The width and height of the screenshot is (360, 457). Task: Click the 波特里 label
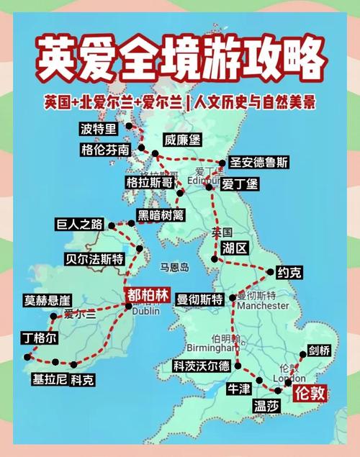98,129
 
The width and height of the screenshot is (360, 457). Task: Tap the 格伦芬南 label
105,150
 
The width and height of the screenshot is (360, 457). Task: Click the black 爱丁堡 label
239,184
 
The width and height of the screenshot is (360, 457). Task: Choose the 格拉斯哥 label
149,182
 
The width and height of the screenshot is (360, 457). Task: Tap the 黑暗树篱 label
160,214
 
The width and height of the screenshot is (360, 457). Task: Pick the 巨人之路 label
79,224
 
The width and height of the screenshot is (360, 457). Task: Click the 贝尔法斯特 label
94,258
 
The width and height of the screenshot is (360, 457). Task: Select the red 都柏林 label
148,294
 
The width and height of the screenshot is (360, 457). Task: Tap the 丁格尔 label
40,338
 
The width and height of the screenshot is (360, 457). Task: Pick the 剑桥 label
319,350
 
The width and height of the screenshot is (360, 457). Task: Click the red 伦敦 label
310,393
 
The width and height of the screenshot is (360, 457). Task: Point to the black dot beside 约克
271,271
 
